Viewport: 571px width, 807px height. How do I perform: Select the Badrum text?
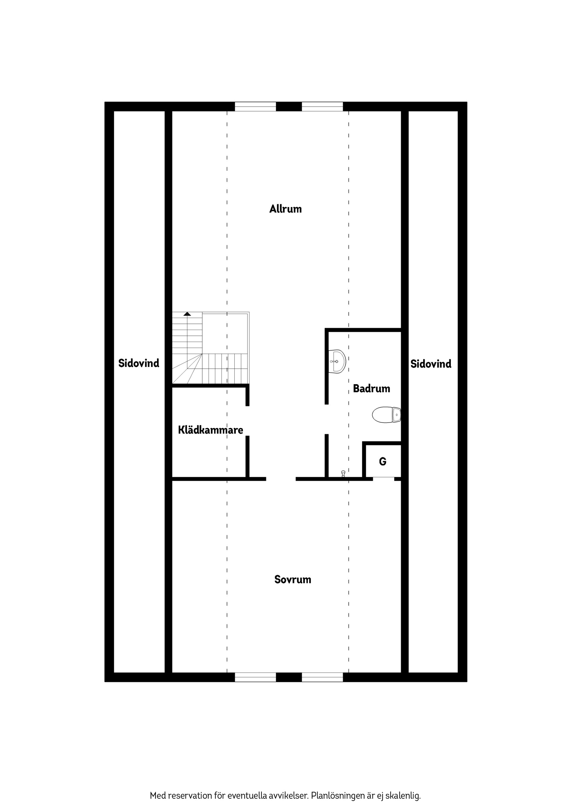[x=371, y=388]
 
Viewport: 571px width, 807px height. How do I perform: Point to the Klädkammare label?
[x=210, y=430]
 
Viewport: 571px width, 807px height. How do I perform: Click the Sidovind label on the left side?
[x=139, y=363]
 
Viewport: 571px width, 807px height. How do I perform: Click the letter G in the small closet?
[x=383, y=461]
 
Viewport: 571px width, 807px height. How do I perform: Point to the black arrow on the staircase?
[x=187, y=313]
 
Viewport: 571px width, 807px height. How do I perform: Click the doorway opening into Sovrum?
[x=281, y=479]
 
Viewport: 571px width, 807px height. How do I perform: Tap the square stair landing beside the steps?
[x=225, y=333]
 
